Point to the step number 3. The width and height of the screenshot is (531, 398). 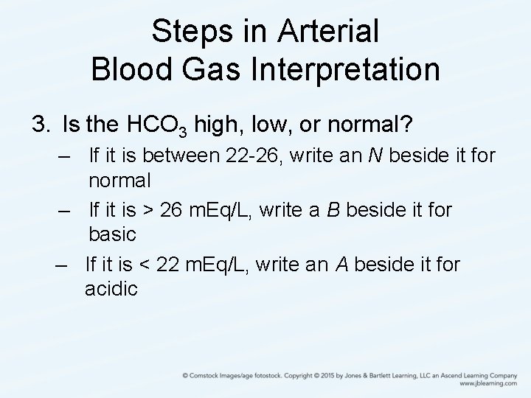pos(39,123)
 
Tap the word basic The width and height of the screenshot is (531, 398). pos(112,234)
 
